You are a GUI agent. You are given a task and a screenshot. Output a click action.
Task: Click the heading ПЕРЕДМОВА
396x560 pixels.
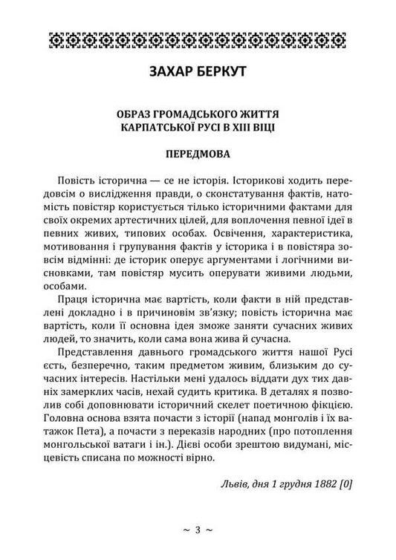click(198, 157)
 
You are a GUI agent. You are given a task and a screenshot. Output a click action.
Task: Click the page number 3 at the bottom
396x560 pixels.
click(198, 530)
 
